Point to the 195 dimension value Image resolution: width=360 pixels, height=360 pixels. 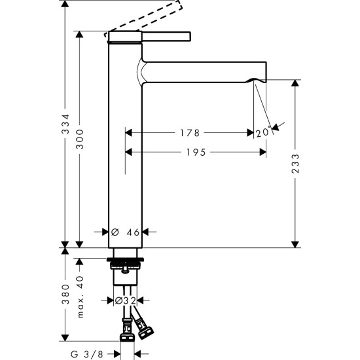point(194,153)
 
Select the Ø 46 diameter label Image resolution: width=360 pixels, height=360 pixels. point(126,232)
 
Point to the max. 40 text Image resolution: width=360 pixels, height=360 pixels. point(80,294)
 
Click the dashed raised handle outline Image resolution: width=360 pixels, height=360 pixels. point(150,16)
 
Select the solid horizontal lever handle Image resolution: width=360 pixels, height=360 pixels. point(164,35)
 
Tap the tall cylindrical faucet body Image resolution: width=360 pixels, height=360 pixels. point(125,164)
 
